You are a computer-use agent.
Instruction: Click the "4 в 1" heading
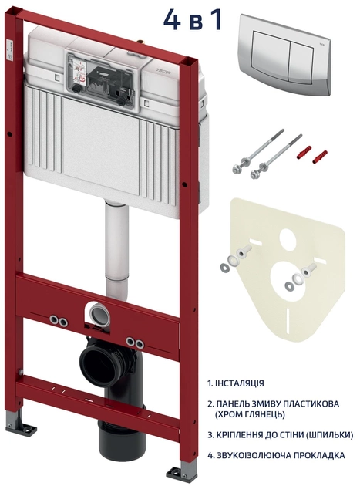pyautogui.click(x=193, y=19)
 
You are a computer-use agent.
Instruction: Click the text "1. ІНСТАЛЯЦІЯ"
pyautogui.click(x=236, y=383)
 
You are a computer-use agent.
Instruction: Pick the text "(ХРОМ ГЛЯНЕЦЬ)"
pyautogui.click(x=250, y=414)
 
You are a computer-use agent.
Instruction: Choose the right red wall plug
pyautogui.click(x=320, y=157)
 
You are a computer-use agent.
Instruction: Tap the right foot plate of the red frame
pyautogui.click(x=182, y=474)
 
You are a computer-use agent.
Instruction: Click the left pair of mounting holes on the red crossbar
pyautogui.click(x=59, y=321)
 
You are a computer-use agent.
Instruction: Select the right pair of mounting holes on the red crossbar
pyautogui.click(x=135, y=343)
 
